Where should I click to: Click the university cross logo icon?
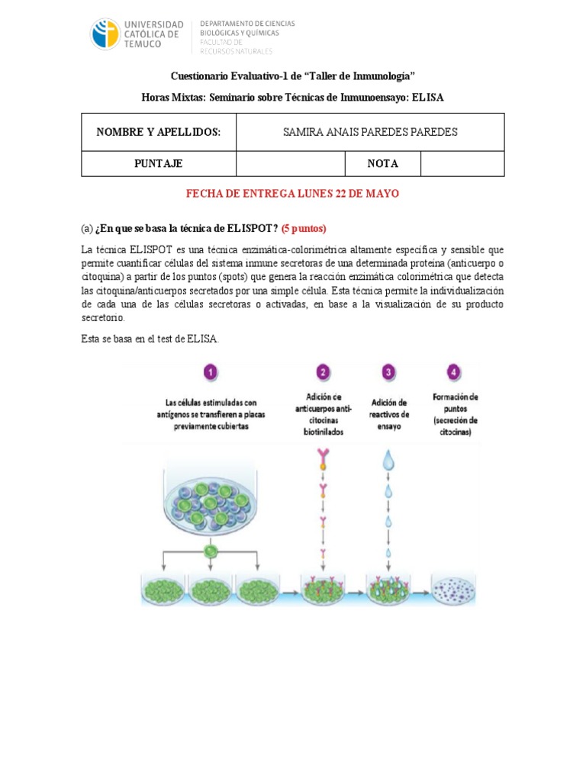105,35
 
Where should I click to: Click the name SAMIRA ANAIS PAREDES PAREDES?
370,132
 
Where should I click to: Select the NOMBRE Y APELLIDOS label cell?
159,132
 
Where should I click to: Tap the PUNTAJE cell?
159,163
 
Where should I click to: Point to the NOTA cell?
383,163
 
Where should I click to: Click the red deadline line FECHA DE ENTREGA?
293,194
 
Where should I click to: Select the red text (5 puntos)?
304,228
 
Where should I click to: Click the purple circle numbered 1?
210,373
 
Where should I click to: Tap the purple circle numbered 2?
324,373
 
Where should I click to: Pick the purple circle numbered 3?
388,373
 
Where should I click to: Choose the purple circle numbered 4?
454,373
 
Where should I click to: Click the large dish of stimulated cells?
210,500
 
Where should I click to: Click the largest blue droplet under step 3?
389,460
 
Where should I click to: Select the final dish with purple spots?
455,590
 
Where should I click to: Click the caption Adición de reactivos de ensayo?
389,414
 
